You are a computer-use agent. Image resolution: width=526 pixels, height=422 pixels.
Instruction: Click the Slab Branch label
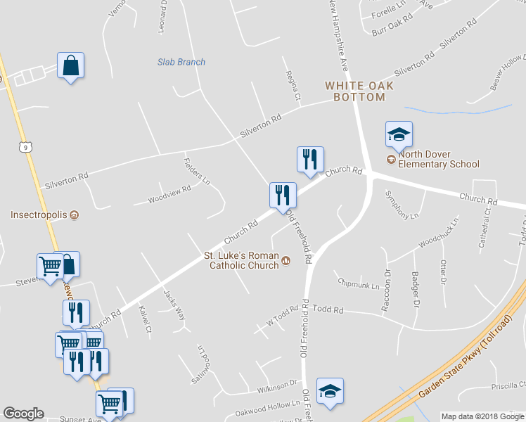point(181,62)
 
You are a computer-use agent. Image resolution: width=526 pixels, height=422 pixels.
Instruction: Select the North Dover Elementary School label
point(438,160)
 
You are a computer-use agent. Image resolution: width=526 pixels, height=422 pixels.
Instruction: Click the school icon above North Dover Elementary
point(399,134)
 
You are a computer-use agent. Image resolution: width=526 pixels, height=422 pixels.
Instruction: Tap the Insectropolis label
point(39,215)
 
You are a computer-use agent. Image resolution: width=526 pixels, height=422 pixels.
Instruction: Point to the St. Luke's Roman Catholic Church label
point(241,260)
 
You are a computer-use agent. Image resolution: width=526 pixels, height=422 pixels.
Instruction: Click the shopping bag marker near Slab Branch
point(70,66)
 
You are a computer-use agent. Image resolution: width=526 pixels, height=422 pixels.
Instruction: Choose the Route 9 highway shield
point(26,146)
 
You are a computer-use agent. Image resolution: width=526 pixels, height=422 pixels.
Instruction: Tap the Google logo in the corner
point(23,414)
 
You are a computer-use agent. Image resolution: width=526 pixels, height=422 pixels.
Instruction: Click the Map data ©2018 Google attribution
point(482,416)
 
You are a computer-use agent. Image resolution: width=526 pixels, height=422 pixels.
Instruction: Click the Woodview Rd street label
point(169,195)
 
